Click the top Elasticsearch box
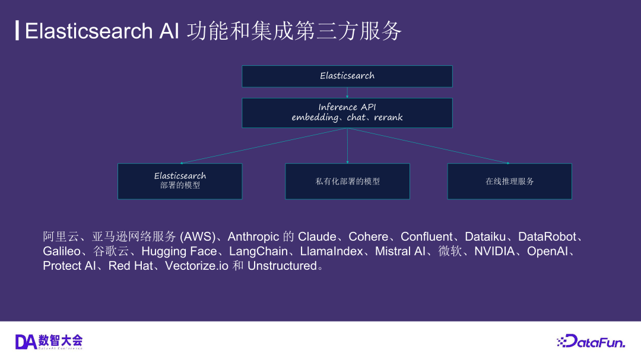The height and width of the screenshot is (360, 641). coord(347,76)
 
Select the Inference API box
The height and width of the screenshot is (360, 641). coord(347,113)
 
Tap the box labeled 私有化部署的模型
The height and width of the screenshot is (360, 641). coord(347,181)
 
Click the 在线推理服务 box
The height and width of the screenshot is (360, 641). coord(509,181)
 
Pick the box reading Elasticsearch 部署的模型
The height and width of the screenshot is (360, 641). coord(180,181)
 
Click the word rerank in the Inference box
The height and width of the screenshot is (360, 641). coord(388,117)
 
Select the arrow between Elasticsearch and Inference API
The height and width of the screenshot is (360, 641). coord(347,93)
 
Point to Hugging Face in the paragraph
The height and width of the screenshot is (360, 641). coord(179,251)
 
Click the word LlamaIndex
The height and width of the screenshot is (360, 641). coord(331,251)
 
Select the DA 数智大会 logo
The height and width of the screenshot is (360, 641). coord(49,341)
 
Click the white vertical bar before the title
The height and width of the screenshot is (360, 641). coord(17,31)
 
